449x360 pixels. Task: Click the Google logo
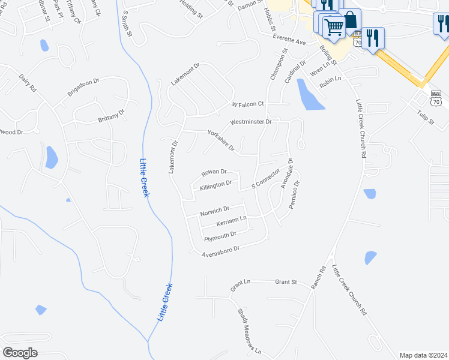(x=20, y=353)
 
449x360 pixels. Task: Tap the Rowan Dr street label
(x=214, y=172)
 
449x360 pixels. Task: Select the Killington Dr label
(x=215, y=185)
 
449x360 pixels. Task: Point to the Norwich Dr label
(x=215, y=211)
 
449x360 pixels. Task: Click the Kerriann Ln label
(x=232, y=221)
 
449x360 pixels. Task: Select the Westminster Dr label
(x=252, y=122)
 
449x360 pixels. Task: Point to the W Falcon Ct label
(x=249, y=104)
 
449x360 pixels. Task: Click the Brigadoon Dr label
(x=83, y=86)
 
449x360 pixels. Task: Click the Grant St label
(x=286, y=281)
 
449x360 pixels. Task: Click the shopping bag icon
(x=350, y=20)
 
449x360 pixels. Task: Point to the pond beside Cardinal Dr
(x=309, y=95)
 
